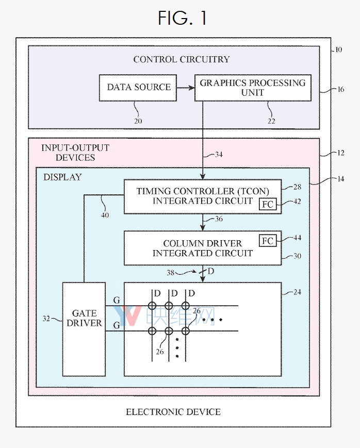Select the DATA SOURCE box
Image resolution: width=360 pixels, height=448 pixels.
(138, 87)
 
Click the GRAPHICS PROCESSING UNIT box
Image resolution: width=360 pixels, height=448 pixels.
(253, 87)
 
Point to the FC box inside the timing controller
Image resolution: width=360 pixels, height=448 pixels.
(267, 204)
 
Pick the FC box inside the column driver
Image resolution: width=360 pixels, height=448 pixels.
(267, 241)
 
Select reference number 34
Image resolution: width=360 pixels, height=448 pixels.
(219, 155)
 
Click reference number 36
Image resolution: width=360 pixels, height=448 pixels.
(219, 219)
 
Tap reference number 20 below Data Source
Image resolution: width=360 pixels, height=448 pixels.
(138, 121)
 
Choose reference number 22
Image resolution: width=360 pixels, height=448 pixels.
(271, 121)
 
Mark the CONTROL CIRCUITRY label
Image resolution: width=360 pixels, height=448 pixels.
(182, 59)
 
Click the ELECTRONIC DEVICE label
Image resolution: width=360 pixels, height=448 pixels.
(173, 412)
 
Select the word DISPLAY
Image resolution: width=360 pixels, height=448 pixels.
(62, 177)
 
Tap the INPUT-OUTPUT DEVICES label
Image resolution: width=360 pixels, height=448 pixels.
(75, 153)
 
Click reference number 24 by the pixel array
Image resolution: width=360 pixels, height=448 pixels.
(297, 292)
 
